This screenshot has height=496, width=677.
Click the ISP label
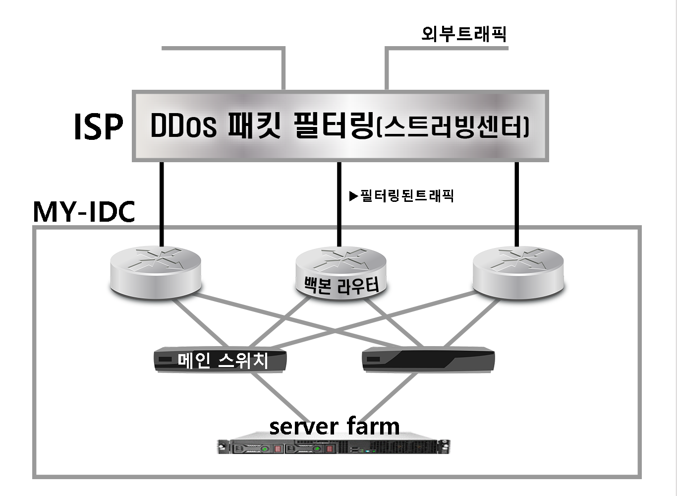pos(98,127)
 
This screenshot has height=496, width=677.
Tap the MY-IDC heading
pos(84,212)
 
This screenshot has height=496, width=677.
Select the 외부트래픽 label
pos(463,34)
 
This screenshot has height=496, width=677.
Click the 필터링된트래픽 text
pos(407,196)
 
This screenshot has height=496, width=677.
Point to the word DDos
pos(183,126)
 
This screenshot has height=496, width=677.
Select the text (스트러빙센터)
pos(453,127)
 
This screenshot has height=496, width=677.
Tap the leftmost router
pos(155,272)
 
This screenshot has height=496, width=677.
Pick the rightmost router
pos(518,272)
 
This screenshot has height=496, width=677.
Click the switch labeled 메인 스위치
pos(221,360)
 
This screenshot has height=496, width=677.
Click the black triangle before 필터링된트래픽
pos(353,196)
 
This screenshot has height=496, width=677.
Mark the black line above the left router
pos(161,203)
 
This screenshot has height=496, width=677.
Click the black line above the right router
pos(517,203)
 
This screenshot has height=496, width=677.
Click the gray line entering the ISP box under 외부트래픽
pos(386,69)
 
